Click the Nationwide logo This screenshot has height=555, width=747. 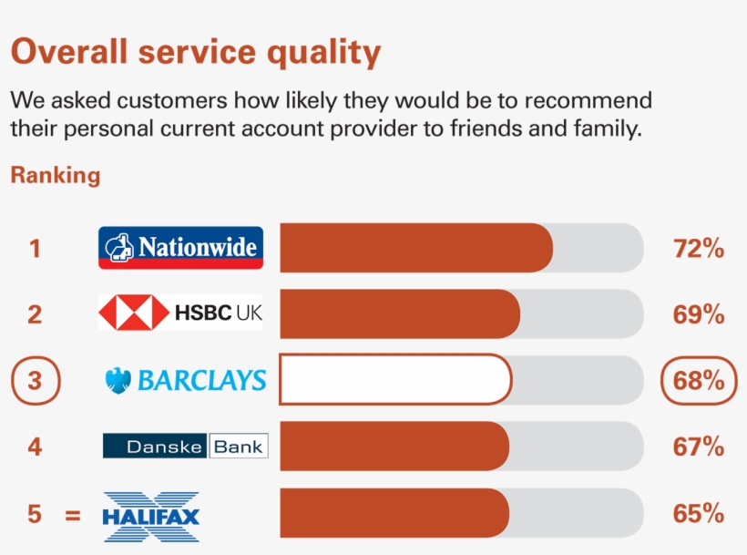[180, 247]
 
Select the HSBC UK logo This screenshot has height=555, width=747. [180, 313]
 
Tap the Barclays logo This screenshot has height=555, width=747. [186, 380]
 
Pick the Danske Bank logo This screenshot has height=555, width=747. [185, 446]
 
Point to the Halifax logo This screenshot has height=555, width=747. [151, 516]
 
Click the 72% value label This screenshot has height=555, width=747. [699, 248]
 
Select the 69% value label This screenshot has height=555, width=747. [699, 314]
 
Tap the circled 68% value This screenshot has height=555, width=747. [699, 380]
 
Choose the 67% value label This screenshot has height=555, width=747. [699, 447]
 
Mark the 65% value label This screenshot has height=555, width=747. [699, 514]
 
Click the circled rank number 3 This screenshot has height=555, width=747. [35, 380]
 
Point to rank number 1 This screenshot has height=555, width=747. [35, 248]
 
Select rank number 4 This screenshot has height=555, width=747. [35, 447]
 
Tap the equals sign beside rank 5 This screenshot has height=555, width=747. [73, 515]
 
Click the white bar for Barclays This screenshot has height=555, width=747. [395, 380]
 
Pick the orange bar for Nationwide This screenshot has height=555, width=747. [415, 248]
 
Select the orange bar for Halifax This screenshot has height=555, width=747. [394, 513]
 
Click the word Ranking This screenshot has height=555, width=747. [55, 175]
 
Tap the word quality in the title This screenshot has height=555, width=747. [322, 53]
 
